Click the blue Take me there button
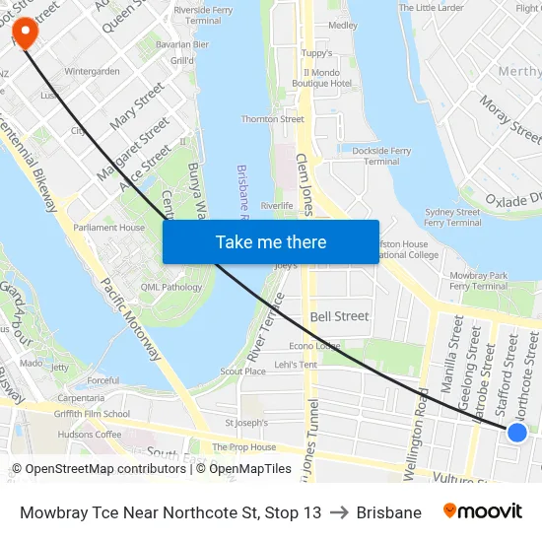click(x=271, y=241)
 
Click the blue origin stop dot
click(x=516, y=432)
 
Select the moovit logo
click(x=482, y=511)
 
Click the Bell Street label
click(x=339, y=316)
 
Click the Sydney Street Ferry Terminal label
click(x=452, y=217)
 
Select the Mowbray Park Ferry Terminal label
click(x=477, y=280)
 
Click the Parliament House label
click(x=108, y=228)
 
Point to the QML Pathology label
click(x=170, y=288)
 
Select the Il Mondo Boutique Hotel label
click(x=327, y=78)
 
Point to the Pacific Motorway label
click(x=130, y=317)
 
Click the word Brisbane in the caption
click(x=388, y=512)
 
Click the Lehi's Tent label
click(x=296, y=365)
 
